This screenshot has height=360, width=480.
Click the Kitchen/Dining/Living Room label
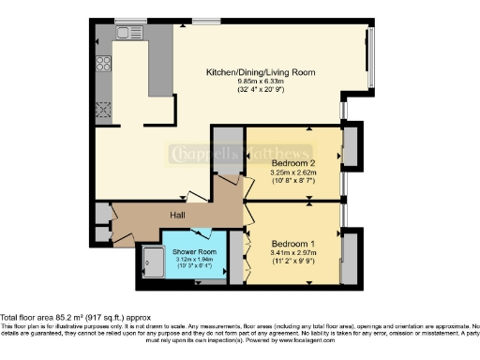(260, 72)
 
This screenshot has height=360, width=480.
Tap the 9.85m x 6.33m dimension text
(260, 82)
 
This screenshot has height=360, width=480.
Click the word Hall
(176, 215)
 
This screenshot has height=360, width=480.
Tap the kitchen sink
(127, 33)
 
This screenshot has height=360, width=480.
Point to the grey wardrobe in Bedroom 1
(349, 257)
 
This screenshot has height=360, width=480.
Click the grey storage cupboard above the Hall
(226, 151)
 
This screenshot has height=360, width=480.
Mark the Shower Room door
(202, 232)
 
